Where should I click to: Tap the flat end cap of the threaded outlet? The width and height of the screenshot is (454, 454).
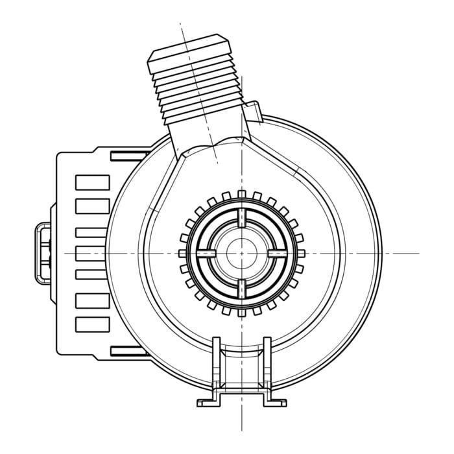click(x=189, y=51)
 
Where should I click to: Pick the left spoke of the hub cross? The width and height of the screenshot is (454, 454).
click(x=206, y=252)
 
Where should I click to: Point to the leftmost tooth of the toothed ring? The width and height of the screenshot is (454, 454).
click(x=182, y=252)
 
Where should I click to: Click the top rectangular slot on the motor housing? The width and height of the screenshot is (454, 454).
click(x=92, y=182)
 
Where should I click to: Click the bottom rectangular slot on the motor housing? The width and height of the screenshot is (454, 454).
click(x=92, y=323)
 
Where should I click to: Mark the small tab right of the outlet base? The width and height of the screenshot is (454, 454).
click(x=256, y=112)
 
